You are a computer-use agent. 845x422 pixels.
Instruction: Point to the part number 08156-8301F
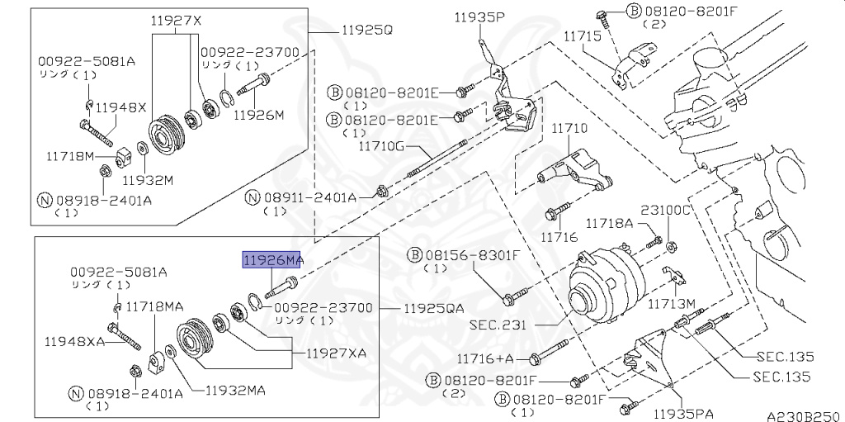pyautogui.click(x=467, y=255)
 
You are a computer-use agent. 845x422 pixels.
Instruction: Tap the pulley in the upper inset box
pyautogui.click(x=163, y=134)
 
